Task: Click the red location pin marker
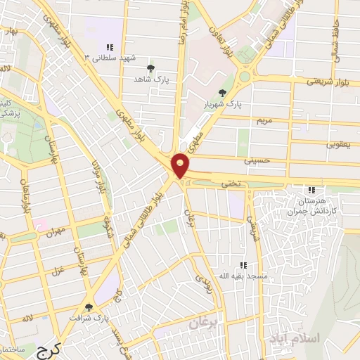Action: click(x=181, y=165)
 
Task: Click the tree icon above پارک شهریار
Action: click(x=223, y=92)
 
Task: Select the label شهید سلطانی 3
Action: click(x=109, y=58)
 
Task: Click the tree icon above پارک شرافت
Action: click(x=89, y=307)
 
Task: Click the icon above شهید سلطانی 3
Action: click(x=109, y=46)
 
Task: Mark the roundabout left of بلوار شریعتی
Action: click(x=245, y=76)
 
